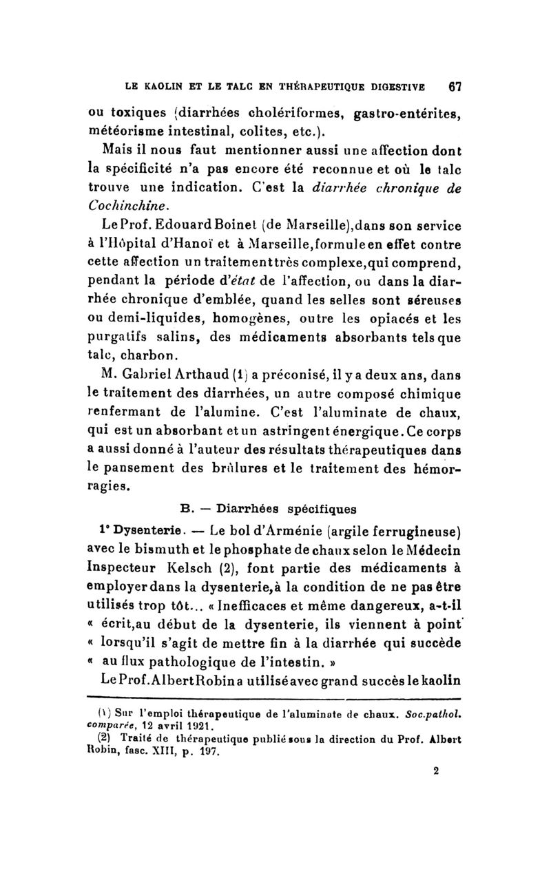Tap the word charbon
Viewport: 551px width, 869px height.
[154, 357]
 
